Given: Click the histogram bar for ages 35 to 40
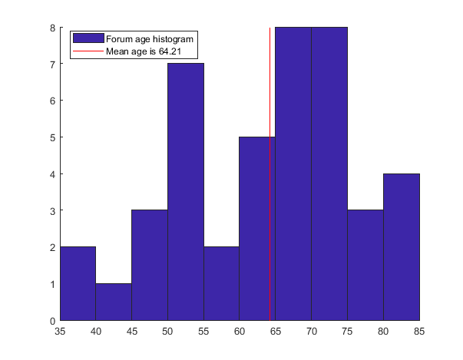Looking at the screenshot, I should [78, 283].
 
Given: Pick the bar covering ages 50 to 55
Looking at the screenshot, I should [186, 192].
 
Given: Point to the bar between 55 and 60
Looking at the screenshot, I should [221, 283].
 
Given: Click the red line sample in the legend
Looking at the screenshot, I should [87, 52].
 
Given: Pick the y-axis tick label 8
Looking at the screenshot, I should [52, 28].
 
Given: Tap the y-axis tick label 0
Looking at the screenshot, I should [52, 320].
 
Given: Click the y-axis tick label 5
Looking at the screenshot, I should [52, 137].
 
